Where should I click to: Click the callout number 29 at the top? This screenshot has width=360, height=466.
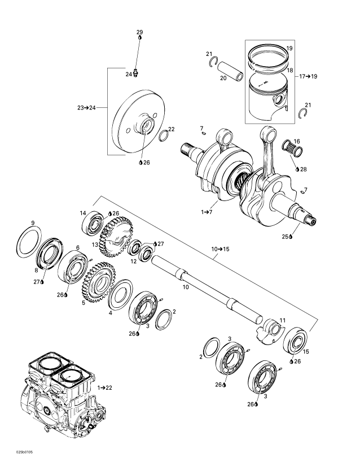[x=140, y=33]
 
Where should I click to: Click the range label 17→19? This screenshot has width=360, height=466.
[x=307, y=75]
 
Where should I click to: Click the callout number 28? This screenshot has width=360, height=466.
[x=304, y=169]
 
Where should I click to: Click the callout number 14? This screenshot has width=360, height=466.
[x=82, y=213]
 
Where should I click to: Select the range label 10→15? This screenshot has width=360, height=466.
[x=221, y=249]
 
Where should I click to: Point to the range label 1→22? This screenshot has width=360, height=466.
[x=105, y=387]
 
